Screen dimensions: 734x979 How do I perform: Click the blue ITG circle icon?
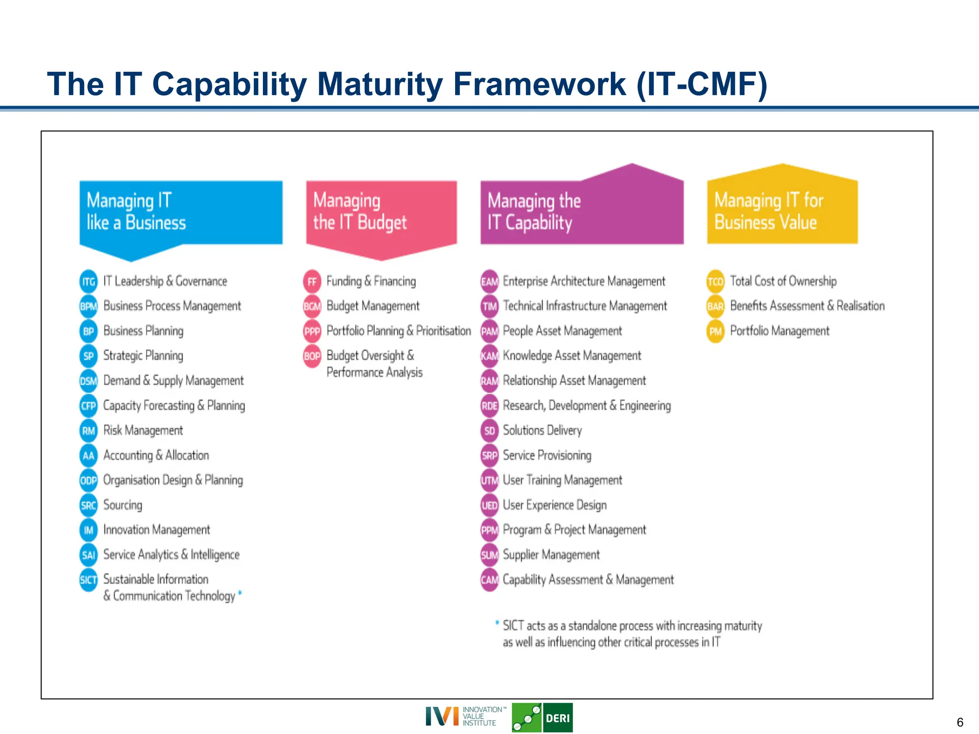(x=88, y=281)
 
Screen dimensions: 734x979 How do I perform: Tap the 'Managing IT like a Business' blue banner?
(x=181, y=213)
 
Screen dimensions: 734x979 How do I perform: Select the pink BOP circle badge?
(x=312, y=356)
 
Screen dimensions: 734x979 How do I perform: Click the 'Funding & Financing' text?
(x=371, y=281)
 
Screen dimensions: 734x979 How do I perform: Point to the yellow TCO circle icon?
(x=715, y=281)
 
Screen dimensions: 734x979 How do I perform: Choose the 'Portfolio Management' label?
(x=779, y=331)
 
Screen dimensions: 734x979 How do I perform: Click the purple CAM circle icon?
(x=489, y=580)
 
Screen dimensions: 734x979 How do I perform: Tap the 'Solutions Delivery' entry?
(x=542, y=431)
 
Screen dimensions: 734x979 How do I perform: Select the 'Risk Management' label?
(x=143, y=431)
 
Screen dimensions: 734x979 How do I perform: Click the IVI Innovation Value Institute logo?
(x=461, y=716)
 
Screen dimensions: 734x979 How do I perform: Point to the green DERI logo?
(x=542, y=717)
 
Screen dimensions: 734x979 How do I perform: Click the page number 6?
(x=960, y=722)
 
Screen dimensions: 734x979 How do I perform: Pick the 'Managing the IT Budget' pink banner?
(x=381, y=213)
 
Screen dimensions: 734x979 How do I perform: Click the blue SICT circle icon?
(x=88, y=580)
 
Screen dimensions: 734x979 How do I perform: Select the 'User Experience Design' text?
(x=555, y=505)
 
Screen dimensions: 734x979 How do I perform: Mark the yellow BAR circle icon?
(x=715, y=306)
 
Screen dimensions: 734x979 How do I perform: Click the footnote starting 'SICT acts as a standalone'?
(x=631, y=634)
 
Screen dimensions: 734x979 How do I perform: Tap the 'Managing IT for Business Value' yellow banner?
(x=782, y=210)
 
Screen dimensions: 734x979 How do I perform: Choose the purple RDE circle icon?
(x=489, y=406)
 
